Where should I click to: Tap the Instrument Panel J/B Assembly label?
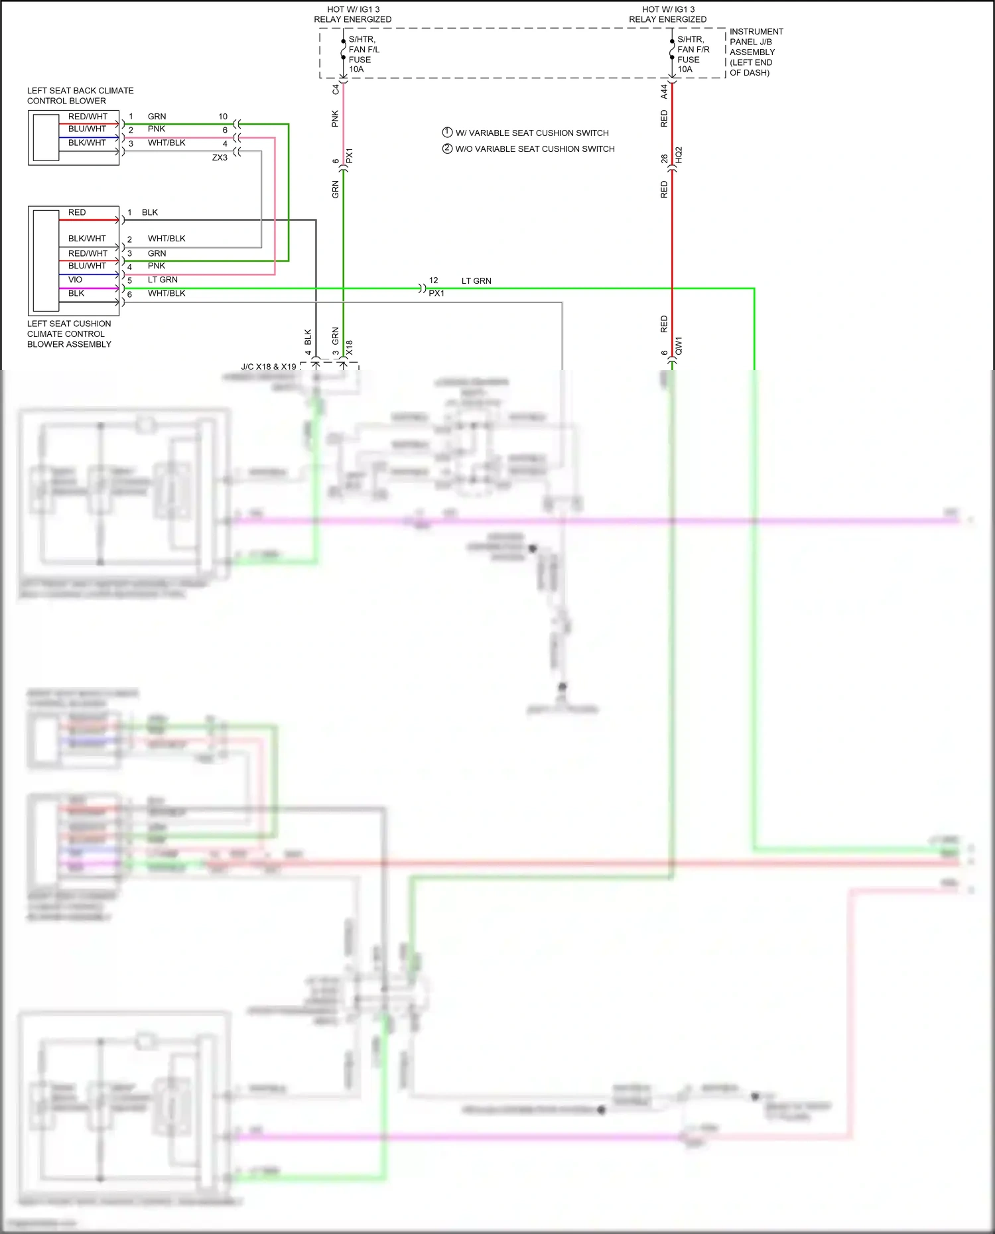(x=756, y=52)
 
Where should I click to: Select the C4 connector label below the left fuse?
(x=336, y=89)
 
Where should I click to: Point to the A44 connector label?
(x=664, y=92)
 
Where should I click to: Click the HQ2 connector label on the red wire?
(x=679, y=155)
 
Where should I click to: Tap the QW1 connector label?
(x=679, y=346)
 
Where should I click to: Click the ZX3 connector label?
(x=220, y=158)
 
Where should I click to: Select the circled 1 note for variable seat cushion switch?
(x=447, y=133)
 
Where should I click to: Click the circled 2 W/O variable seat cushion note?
(x=447, y=149)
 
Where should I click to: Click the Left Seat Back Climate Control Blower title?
(x=80, y=95)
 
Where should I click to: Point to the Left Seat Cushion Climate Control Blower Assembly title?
(x=69, y=334)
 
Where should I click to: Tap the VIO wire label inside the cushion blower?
(x=75, y=280)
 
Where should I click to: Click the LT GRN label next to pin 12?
(x=476, y=281)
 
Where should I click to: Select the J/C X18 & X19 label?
(x=268, y=367)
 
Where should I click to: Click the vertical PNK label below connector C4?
(x=336, y=119)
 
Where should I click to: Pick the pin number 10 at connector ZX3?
(x=223, y=117)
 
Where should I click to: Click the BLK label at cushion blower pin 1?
(x=150, y=213)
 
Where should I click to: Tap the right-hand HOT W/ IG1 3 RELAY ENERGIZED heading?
(x=667, y=15)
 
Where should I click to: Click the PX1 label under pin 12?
(x=436, y=293)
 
